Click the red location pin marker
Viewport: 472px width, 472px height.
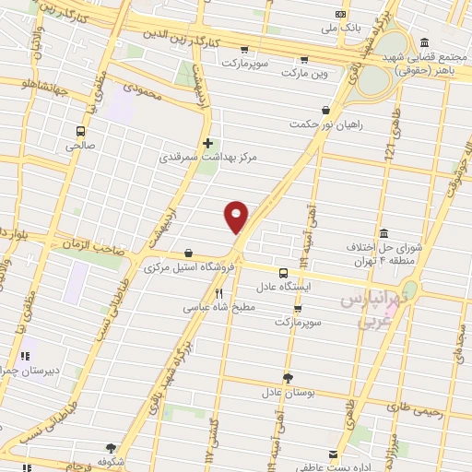(x=237, y=216)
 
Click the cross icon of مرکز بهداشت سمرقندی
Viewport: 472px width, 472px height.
(x=207, y=143)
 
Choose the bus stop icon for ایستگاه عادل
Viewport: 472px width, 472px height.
(x=283, y=272)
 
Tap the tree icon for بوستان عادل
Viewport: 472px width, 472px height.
(x=288, y=377)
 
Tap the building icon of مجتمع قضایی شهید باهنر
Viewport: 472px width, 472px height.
(x=423, y=42)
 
